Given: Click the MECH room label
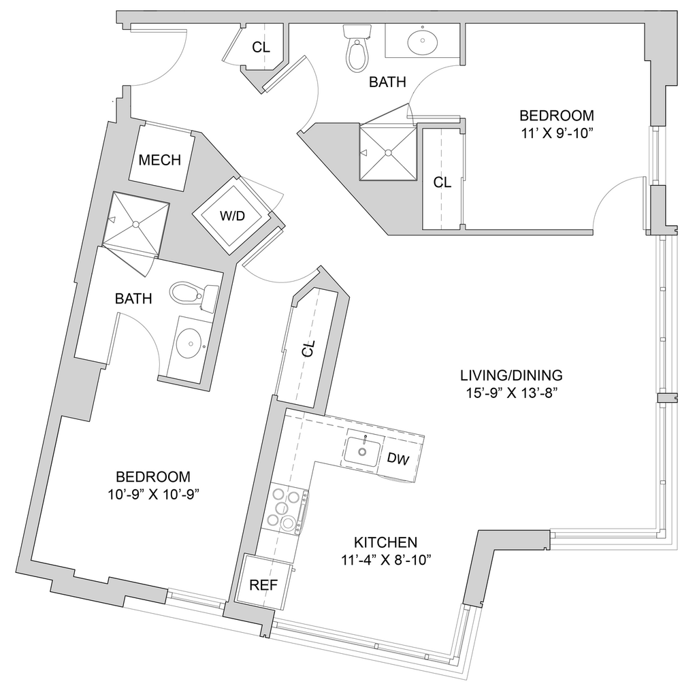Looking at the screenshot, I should pos(160,161).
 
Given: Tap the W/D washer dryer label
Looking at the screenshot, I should pos(232,216).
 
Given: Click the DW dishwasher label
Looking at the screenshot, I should pos(398,459).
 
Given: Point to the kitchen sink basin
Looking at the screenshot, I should pos(362,450).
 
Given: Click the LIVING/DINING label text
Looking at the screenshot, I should pos(511,375).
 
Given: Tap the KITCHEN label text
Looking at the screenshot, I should pos(385,542).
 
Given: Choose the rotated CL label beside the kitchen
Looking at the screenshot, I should pos(308,349).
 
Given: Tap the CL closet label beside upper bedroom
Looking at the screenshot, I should pos(442,182).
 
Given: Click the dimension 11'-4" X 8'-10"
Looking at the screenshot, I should pos(385,560).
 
